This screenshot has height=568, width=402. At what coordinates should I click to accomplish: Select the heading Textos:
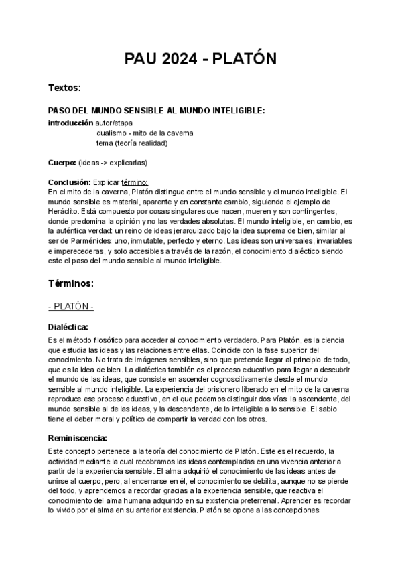point(64,88)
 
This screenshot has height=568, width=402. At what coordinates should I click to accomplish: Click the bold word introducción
point(70,123)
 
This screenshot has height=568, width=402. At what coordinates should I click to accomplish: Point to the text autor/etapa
point(114,123)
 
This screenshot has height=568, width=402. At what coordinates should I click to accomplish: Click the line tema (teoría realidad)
point(131,143)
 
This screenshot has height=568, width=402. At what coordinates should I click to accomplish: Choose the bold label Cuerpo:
point(62,163)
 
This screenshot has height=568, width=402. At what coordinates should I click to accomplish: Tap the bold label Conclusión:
point(70,182)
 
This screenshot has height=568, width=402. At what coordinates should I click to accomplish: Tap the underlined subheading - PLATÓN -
point(71,307)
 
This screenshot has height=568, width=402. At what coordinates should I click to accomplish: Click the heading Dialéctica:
point(69,328)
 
